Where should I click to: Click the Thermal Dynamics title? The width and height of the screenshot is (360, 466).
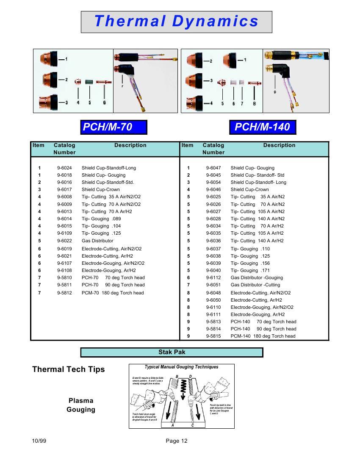(176, 22)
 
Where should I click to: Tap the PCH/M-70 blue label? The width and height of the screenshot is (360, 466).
(114, 127)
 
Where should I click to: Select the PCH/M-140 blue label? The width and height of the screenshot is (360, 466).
(262, 127)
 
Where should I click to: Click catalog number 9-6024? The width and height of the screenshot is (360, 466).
(64, 168)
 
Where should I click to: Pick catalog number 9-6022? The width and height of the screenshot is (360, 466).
(64, 241)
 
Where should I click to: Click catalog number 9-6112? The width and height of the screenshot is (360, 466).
(213, 277)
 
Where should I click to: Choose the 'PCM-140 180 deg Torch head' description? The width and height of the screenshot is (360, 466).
(263, 336)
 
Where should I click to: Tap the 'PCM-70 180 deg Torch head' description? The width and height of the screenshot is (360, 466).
(113, 293)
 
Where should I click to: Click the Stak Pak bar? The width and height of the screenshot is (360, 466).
(172, 352)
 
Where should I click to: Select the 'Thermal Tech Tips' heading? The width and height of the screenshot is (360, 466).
(69, 369)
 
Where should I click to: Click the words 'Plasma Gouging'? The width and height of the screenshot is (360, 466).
(81, 405)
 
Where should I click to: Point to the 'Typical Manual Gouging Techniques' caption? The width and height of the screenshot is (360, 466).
(181, 367)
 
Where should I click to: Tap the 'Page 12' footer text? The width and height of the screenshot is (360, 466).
(177, 441)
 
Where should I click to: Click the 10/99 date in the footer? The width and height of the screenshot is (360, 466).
(39, 441)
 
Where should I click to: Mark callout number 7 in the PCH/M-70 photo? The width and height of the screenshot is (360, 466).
(122, 86)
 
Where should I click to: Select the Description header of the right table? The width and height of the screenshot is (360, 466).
(279, 145)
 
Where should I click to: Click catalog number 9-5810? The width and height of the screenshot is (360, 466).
(64, 277)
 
